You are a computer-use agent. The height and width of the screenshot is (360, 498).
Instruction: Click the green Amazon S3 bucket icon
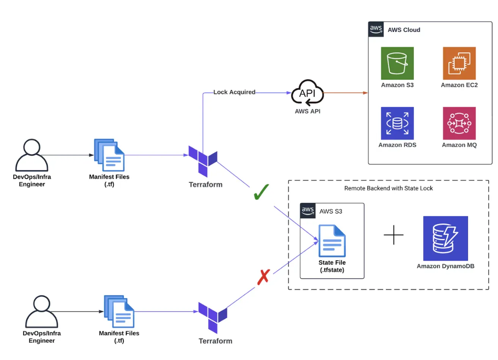(397, 63)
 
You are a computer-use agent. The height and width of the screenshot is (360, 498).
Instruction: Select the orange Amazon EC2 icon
(459, 63)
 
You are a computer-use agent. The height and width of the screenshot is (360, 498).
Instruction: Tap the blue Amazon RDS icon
(397, 123)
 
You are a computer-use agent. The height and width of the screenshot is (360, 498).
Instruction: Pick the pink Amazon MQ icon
(459, 123)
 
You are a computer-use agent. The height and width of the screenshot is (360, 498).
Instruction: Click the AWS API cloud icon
(307, 93)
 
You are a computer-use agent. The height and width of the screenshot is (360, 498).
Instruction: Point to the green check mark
(261, 192)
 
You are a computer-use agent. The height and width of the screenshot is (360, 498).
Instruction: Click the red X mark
(263, 277)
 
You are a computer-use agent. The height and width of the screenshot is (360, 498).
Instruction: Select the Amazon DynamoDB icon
(445, 238)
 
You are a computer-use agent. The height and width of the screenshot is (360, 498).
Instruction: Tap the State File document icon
(332, 241)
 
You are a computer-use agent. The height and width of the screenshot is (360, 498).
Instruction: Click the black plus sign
(393, 235)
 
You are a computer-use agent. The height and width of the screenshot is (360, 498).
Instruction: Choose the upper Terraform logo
(203, 161)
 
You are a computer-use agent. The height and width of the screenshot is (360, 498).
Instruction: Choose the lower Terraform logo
(213, 318)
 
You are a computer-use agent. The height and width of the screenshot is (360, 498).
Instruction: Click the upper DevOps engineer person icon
(32, 155)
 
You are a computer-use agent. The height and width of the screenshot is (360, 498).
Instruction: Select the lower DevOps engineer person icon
(42, 312)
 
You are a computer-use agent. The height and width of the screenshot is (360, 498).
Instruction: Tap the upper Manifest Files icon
(110, 155)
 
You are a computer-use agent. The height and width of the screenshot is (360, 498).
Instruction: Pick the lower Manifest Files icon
(119, 311)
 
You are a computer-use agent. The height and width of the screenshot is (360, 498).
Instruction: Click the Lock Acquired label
(234, 92)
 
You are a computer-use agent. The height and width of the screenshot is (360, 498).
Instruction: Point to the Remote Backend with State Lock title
(388, 188)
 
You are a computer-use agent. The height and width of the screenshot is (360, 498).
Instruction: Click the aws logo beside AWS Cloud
(376, 30)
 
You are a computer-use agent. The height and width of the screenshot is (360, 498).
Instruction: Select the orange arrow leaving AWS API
(345, 92)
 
